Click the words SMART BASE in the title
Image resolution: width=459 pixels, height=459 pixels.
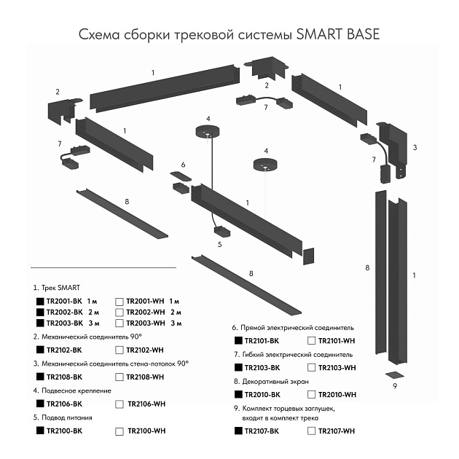coord(338,34)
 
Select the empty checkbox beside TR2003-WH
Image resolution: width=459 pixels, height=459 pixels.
coord(119,323)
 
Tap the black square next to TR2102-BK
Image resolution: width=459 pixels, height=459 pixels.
coord(39,350)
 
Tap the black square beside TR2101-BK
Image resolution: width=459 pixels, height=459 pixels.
coord(238,340)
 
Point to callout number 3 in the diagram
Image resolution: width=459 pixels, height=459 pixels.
coord(415,147)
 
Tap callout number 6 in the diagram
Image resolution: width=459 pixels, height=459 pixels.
coord(183,165)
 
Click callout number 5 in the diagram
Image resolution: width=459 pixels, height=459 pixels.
coord(219,246)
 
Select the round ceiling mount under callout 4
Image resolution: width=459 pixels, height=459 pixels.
coord(207,132)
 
